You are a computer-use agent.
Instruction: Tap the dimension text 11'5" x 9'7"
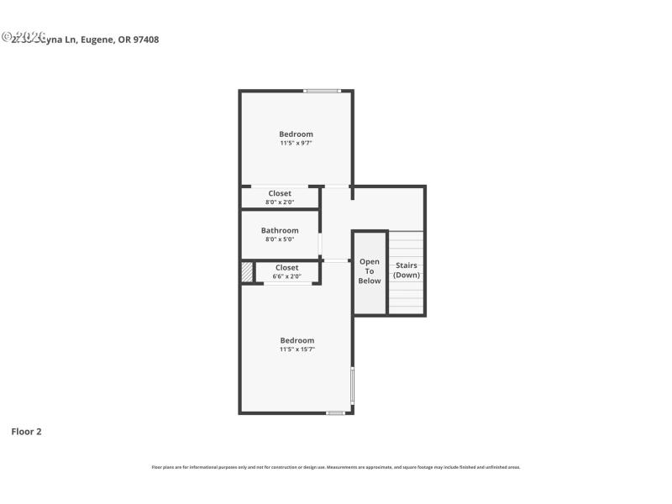[x=297, y=143]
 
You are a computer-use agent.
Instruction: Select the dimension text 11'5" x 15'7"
[x=297, y=349]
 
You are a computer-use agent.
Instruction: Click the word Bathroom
[x=280, y=230]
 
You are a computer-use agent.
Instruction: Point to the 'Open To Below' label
[x=370, y=271]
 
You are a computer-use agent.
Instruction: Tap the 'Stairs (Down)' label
[x=407, y=270]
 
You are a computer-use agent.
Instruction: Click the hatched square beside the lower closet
[x=247, y=272]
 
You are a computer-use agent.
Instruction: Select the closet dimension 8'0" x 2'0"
[x=280, y=202]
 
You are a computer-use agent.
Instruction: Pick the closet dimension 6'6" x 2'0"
[x=286, y=276]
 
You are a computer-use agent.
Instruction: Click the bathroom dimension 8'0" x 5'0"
[x=280, y=239]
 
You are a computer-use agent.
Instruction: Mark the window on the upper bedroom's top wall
[x=323, y=91]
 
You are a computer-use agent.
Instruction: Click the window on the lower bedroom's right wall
[x=352, y=385]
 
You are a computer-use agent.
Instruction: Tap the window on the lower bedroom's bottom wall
[x=335, y=412]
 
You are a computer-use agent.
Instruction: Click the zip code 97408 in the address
[x=146, y=39]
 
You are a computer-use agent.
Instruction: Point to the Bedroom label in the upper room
[x=297, y=134]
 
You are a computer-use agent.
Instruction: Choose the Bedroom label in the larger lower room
[x=297, y=340]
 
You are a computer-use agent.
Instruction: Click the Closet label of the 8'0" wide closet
[x=280, y=193]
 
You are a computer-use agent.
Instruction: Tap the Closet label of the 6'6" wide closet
[x=286, y=267]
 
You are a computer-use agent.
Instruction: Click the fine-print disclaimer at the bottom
[x=336, y=467]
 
